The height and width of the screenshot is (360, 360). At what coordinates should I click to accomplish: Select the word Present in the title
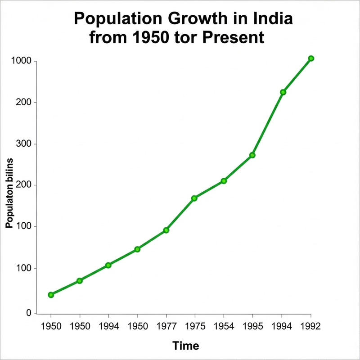pyautogui.click(x=232, y=37)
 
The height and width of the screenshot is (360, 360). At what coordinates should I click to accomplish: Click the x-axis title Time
pyautogui.click(x=186, y=346)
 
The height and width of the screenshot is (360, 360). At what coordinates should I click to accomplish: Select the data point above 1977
pyautogui.click(x=166, y=230)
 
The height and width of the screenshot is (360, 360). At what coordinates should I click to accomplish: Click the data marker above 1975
pyautogui.click(x=194, y=198)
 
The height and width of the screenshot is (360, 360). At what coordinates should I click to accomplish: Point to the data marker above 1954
pyautogui.click(x=224, y=181)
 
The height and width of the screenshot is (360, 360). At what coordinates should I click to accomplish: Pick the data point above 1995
pyautogui.click(x=252, y=155)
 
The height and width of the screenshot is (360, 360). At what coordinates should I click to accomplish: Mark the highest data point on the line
pyautogui.click(x=311, y=58)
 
